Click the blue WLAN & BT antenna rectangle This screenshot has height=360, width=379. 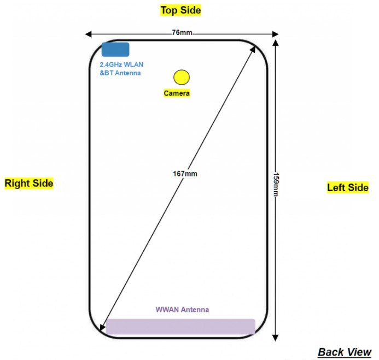pos(115,49)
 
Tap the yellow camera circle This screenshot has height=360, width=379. pos(180,78)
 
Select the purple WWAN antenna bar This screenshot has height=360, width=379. pos(180,327)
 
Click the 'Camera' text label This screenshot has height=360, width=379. pos(177,93)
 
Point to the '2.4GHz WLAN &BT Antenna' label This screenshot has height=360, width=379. pos(121,69)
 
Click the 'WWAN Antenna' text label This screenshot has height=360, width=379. pos(182,310)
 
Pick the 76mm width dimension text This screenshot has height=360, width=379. pos(182,33)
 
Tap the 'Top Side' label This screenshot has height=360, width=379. pos(180,10)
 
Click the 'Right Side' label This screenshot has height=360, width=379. pos(29,184)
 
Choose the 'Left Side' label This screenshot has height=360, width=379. pos(348,188)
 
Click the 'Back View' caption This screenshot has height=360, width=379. pos(345,351)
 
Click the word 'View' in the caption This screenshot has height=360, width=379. pos(359,351)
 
